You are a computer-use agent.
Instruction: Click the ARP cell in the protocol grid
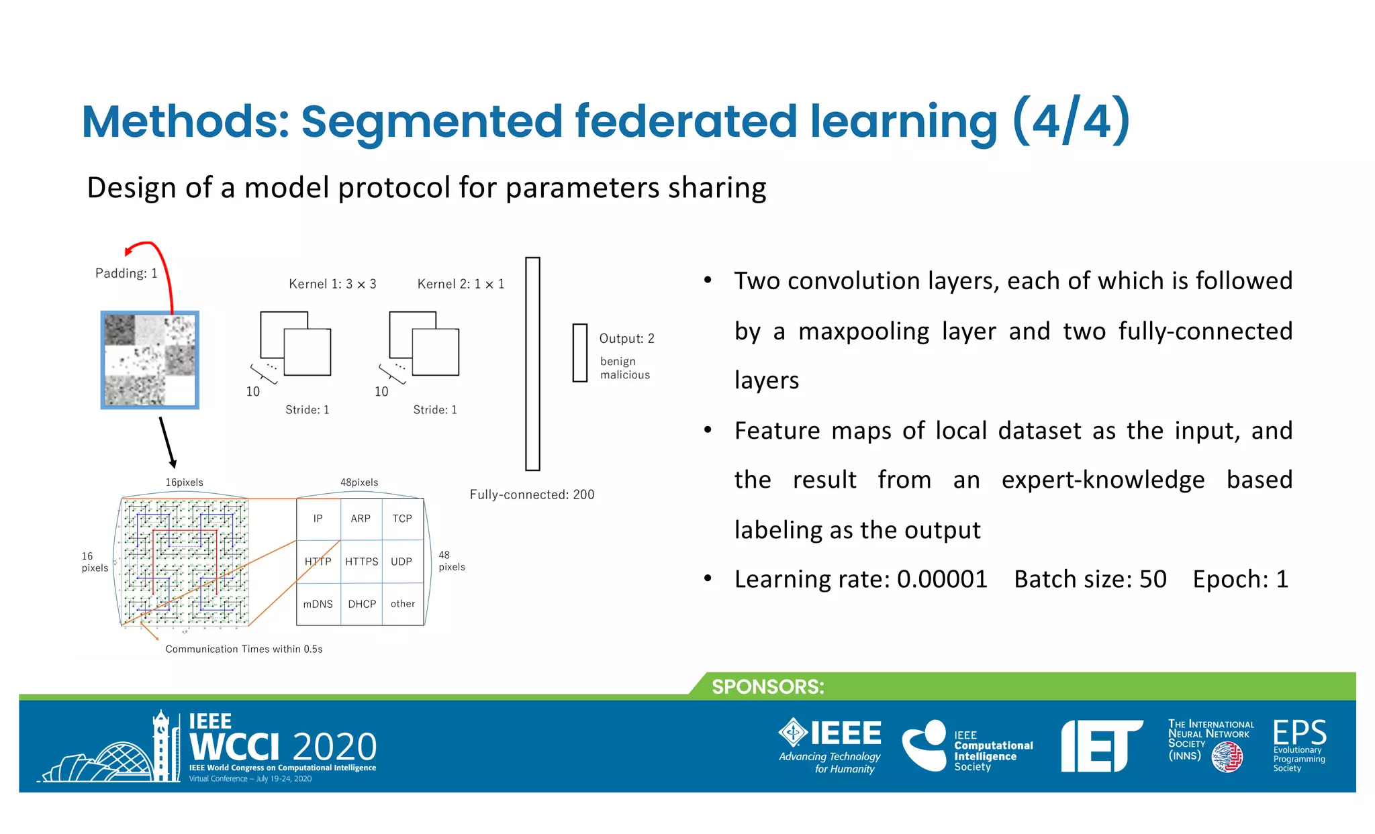tap(361, 519)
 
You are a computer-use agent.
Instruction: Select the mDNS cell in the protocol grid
tap(318, 604)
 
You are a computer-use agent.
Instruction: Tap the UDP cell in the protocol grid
tap(401, 562)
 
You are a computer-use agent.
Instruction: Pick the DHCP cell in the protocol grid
tap(362, 604)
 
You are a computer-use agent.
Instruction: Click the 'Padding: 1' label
tap(126, 273)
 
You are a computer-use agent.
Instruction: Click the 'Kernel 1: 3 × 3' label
tap(332, 284)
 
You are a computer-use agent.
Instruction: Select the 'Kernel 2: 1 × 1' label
tap(461, 284)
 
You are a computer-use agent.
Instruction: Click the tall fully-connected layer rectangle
tap(532, 363)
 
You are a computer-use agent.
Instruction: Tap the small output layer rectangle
tap(579, 353)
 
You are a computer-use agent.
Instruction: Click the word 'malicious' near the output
tap(624, 375)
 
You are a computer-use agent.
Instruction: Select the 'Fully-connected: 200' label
tap(532, 494)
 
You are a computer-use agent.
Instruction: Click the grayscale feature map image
tap(150, 360)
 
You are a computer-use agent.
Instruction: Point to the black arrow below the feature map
tap(167, 442)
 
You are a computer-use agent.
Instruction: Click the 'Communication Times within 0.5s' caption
tap(244, 649)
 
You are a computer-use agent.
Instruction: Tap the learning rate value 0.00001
tap(941, 579)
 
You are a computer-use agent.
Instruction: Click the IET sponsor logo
tap(1101, 745)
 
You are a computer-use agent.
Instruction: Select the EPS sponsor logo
tap(1299, 745)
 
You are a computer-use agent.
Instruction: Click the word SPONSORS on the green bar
tap(767, 686)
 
